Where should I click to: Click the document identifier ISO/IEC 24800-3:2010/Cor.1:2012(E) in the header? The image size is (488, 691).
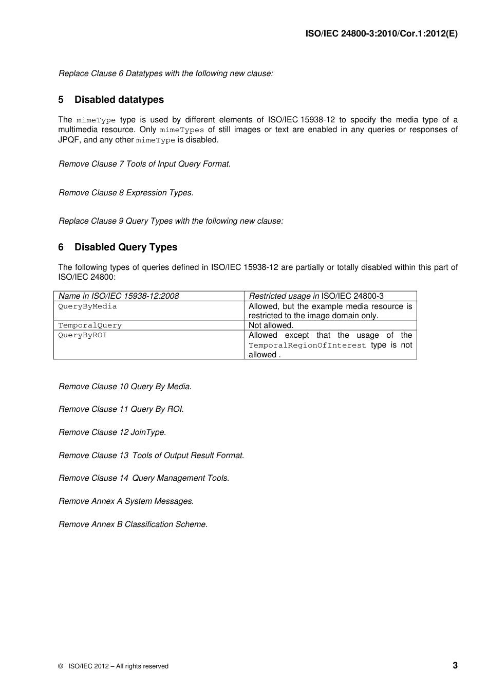pyautogui.click(x=381, y=33)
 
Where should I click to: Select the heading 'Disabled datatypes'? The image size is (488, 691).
pyautogui.click(x=119, y=100)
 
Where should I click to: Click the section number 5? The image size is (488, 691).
pyautogui.click(x=61, y=100)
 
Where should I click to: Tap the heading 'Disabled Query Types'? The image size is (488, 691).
pyautogui.click(x=126, y=247)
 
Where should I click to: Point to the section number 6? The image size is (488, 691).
pyautogui.click(x=61, y=247)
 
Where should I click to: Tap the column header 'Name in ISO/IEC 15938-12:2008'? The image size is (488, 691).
pyautogui.click(x=119, y=296)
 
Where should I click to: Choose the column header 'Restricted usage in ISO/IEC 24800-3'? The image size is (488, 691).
pyautogui.click(x=316, y=296)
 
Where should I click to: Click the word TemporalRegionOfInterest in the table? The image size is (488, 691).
pyautogui.click(x=307, y=345)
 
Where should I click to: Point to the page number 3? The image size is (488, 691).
pyautogui.click(x=455, y=665)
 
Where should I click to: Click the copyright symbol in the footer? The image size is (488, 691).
pyautogui.click(x=61, y=666)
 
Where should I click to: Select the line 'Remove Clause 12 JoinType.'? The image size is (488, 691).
pyautogui.click(x=112, y=432)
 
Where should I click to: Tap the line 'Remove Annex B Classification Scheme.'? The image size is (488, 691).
pyautogui.click(x=133, y=524)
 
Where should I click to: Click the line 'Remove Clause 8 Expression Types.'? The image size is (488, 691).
pyautogui.click(x=126, y=193)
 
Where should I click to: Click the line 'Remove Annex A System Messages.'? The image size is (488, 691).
pyautogui.click(x=126, y=501)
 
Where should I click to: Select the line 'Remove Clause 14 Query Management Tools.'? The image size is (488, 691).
pyautogui.click(x=144, y=478)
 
